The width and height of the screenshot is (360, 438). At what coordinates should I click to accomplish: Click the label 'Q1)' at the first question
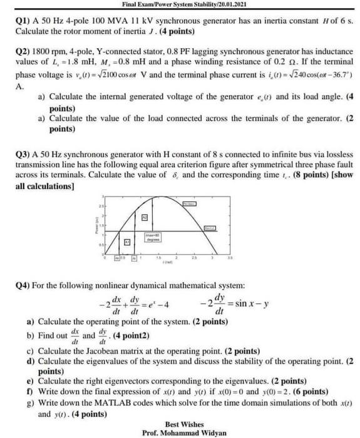(x=23, y=20)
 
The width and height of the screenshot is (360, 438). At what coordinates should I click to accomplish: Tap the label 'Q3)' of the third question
(x=23, y=153)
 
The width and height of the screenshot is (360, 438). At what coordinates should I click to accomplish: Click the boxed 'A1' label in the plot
(x=126, y=242)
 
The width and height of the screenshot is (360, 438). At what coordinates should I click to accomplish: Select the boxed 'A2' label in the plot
(x=143, y=216)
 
